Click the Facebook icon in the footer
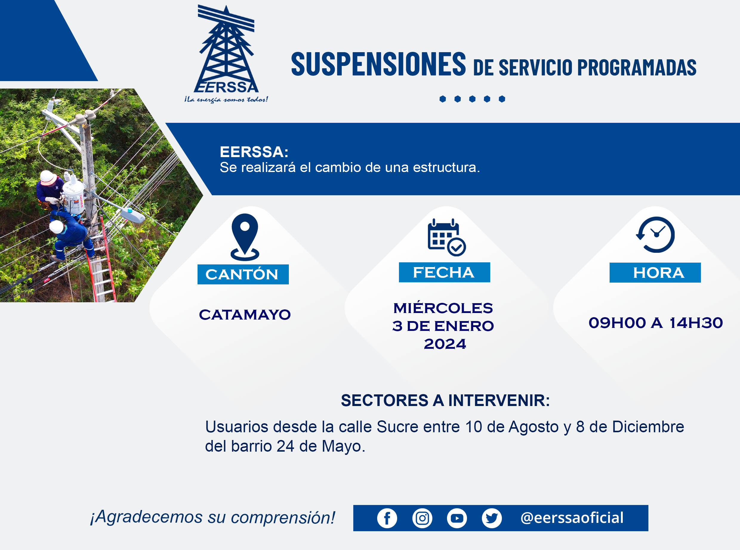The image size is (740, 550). pos(387,518)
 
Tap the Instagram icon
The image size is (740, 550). pos(422,518)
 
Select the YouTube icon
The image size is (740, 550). pos(457,518)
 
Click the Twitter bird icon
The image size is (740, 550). pos(492,518)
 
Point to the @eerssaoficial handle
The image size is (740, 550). pos(572,518)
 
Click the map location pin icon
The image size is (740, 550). pos(245,237)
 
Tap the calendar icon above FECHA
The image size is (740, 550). pos(446,237)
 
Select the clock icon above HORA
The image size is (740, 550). pos(655,235)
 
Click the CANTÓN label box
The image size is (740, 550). pos(243,274)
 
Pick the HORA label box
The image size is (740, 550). pos(655,273)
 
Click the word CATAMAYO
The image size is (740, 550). pos(245,314)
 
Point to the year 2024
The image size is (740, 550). pos(445,344)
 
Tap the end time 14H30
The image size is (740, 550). pos(696,323)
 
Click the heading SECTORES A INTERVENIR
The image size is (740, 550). pos(445,400)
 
